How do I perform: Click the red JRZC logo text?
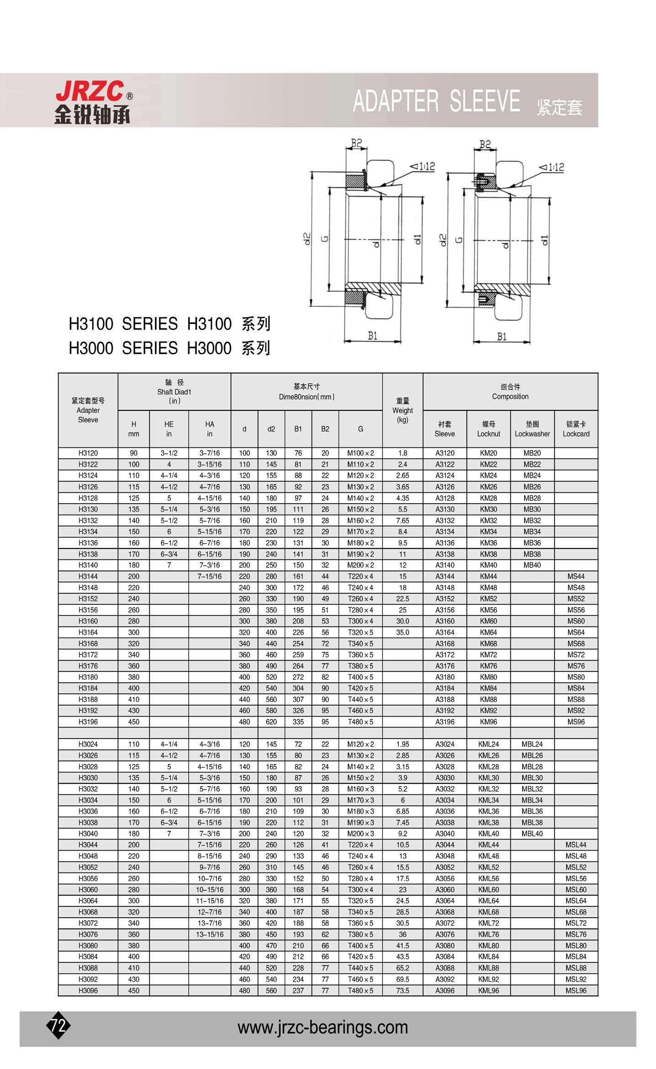(90, 91)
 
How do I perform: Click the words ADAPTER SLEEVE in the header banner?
(436, 101)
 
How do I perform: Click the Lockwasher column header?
(532, 429)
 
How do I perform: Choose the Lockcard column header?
(576, 429)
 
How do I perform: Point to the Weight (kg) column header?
(402, 410)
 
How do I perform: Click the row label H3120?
(88, 453)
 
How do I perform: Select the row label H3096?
(88, 990)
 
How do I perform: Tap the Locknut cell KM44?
(488, 576)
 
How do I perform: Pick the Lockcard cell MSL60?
(576, 889)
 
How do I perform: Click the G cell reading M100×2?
(360, 453)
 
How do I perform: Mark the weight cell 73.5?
(402, 990)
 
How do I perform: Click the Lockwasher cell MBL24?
(532, 744)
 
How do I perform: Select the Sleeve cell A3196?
(444, 722)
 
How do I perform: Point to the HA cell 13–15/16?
(210, 934)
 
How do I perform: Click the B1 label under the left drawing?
(373, 336)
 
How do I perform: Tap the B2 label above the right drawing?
(485, 145)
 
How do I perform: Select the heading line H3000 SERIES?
(169, 348)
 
